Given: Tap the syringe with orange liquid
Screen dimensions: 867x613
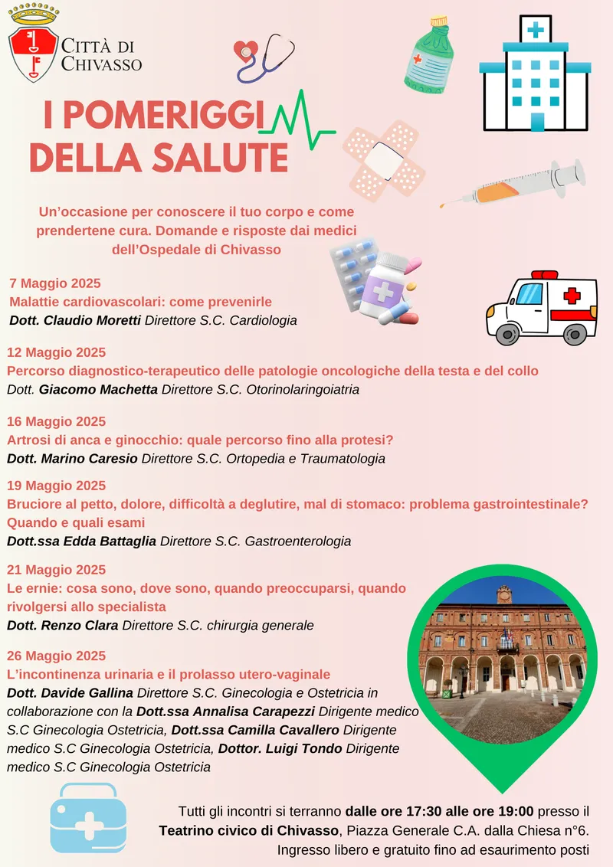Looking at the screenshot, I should [513, 184].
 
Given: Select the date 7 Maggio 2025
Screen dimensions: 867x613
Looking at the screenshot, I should [55, 283].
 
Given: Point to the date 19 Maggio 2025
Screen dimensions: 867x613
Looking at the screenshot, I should [57, 486].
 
